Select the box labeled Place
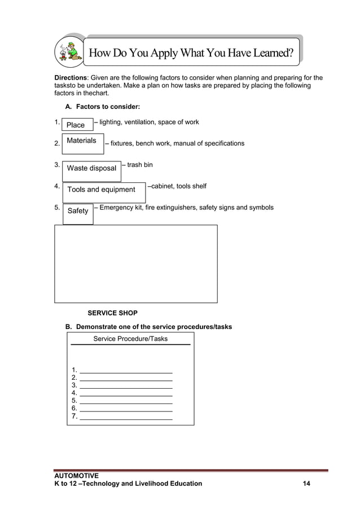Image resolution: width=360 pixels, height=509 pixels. (77, 125)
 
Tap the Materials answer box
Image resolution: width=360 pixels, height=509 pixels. (82, 141)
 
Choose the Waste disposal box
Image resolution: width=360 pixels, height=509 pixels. (91, 168)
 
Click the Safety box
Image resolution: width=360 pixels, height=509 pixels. (78, 211)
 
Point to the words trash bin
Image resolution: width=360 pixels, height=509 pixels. (139, 165)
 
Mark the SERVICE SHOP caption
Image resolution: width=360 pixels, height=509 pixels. (112, 313)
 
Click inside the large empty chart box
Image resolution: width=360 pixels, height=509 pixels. (135, 264)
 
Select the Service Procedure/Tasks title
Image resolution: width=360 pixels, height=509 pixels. (130, 339)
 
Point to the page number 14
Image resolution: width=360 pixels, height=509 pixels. (306, 484)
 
